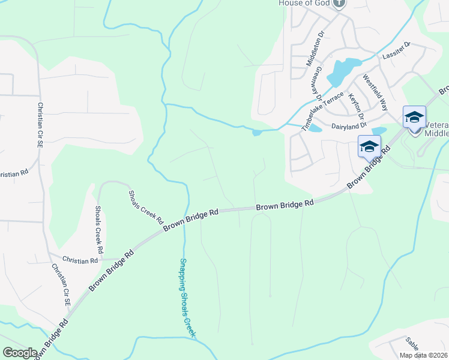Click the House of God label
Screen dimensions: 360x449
(305, 3)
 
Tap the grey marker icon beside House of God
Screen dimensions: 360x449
(339, 3)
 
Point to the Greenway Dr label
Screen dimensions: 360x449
(316, 83)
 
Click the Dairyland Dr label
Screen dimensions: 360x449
(349, 127)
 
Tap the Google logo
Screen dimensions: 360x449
(20, 353)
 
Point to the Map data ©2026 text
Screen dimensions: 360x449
(424, 355)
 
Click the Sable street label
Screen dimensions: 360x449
(412, 343)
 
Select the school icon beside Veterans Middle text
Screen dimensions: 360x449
(414, 117)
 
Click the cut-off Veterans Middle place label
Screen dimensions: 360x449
(436, 129)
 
